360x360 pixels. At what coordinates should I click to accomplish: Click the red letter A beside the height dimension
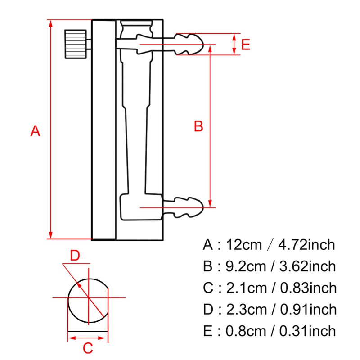click(36, 131)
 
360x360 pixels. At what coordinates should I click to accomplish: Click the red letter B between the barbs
click(198, 126)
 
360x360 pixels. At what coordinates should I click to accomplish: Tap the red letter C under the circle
click(88, 348)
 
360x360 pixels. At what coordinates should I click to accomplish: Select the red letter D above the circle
click(75, 256)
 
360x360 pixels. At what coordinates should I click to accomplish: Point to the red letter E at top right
click(245, 45)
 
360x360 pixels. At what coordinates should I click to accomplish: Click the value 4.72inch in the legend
click(307, 245)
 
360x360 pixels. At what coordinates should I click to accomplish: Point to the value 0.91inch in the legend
click(308, 310)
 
